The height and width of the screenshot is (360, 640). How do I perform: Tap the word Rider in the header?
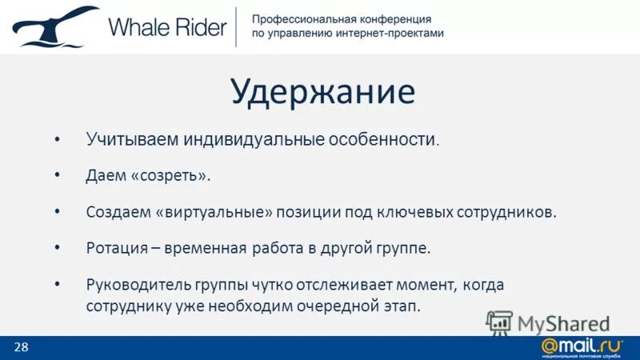coord(199,27)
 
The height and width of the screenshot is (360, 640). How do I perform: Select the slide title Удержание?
coord(323,91)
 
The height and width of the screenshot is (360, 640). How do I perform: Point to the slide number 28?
coord(21,346)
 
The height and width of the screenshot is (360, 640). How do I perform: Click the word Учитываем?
coord(133,140)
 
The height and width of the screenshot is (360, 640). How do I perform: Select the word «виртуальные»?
coord(214,212)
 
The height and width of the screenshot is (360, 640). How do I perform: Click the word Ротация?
coord(117,248)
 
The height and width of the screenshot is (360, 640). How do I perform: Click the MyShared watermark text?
coord(563,323)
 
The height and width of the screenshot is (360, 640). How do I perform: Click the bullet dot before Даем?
coord(57,175)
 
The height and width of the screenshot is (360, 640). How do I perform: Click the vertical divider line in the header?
coord(236,27)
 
